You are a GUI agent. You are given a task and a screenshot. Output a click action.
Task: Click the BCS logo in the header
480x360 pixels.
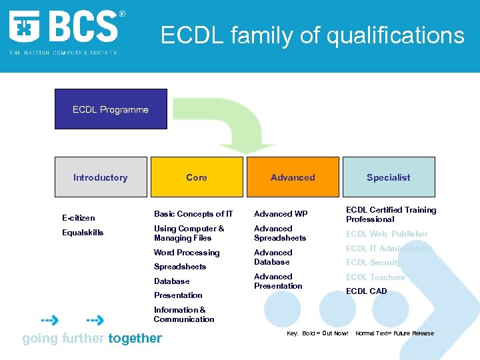click(x=65, y=30)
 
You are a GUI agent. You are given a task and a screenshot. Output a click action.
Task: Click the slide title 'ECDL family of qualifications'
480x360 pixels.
click(x=312, y=35)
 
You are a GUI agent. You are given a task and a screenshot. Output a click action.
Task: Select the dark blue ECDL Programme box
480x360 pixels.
click(x=111, y=109)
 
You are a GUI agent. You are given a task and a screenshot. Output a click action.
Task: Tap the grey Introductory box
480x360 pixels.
click(x=100, y=177)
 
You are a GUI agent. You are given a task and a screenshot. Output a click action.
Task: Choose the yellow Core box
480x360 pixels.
click(x=197, y=177)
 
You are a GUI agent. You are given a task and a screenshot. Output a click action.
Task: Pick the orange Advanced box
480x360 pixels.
click(x=293, y=177)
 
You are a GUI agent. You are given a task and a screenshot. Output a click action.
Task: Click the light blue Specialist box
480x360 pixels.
click(x=388, y=177)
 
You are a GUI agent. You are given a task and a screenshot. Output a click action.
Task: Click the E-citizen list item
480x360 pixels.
click(x=79, y=218)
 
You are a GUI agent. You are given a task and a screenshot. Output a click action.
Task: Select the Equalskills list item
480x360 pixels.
click(x=83, y=233)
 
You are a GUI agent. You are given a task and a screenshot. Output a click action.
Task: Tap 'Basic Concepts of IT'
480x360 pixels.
click(x=193, y=214)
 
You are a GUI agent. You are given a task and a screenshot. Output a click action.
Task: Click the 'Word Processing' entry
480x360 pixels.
click(x=187, y=253)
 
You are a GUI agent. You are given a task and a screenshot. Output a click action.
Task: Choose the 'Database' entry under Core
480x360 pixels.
click(x=171, y=281)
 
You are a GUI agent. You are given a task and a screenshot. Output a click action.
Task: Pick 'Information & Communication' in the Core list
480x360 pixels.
click(x=184, y=315)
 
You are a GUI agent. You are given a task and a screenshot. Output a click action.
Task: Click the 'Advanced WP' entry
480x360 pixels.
click(x=281, y=214)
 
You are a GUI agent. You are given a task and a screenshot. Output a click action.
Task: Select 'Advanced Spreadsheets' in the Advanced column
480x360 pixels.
click(x=280, y=233)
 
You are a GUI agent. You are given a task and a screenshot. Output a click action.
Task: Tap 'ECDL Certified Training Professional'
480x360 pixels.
click(x=391, y=215)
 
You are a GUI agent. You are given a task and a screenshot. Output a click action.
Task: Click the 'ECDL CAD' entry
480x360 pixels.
click(x=366, y=291)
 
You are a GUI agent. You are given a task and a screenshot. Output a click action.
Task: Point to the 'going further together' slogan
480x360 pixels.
click(x=92, y=338)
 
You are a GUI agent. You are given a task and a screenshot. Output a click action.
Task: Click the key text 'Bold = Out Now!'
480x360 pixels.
click(x=325, y=333)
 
